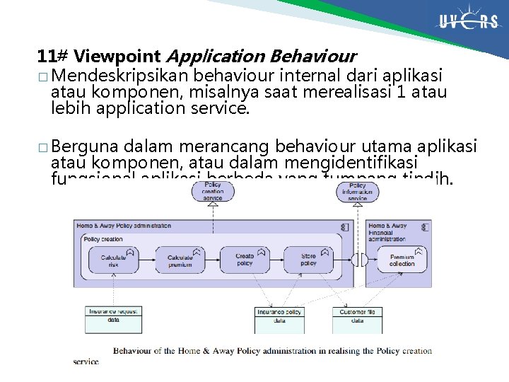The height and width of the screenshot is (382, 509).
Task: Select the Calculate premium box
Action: pyautogui.click(x=180, y=261)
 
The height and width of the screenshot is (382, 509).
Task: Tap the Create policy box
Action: pyautogui.click(x=245, y=260)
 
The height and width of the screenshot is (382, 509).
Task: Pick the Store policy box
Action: pyautogui.click(x=309, y=260)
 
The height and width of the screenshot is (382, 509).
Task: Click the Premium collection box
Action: pyautogui.click(x=402, y=260)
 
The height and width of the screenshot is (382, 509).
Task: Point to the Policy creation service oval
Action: pyautogui.click(x=213, y=192)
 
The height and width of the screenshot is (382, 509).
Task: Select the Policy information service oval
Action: pyautogui.click(x=358, y=192)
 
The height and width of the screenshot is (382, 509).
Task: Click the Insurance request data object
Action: pyautogui.click(x=114, y=315)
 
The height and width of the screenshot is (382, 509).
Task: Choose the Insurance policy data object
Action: pyautogui.click(x=279, y=316)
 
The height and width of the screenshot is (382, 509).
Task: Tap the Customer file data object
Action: pyautogui.click(x=357, y=316)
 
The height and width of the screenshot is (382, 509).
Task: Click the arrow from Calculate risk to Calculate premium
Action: pyautogui.click(x=147, y=260)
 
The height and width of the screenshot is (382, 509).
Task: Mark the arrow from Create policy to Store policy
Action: pyautogui.click(x=277, y=260)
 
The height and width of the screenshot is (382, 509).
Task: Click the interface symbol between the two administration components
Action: pyautogui.click(x=360, y=260)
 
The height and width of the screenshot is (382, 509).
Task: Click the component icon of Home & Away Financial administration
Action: pyautogui.click(x=425, y=227)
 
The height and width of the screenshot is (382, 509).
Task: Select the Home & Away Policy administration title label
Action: pyautogui.click(x=124, y=226)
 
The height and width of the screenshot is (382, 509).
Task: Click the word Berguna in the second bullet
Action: pyautogui.click(x=84, y=146)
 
